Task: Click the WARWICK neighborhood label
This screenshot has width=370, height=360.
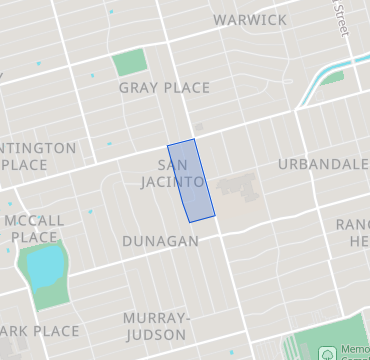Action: point(250,20)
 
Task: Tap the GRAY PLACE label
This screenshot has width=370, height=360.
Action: point(164,88)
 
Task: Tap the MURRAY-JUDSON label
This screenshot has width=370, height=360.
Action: point(155,325)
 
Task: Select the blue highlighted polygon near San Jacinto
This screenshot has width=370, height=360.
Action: point(191,180)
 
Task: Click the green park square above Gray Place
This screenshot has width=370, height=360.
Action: point(129,63)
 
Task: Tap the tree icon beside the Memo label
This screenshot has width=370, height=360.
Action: point(327,353)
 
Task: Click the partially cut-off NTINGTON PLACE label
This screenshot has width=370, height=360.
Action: point(38,156)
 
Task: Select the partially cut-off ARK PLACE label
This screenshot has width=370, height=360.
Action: point(39,331)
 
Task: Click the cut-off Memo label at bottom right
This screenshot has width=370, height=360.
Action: point(354,352)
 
